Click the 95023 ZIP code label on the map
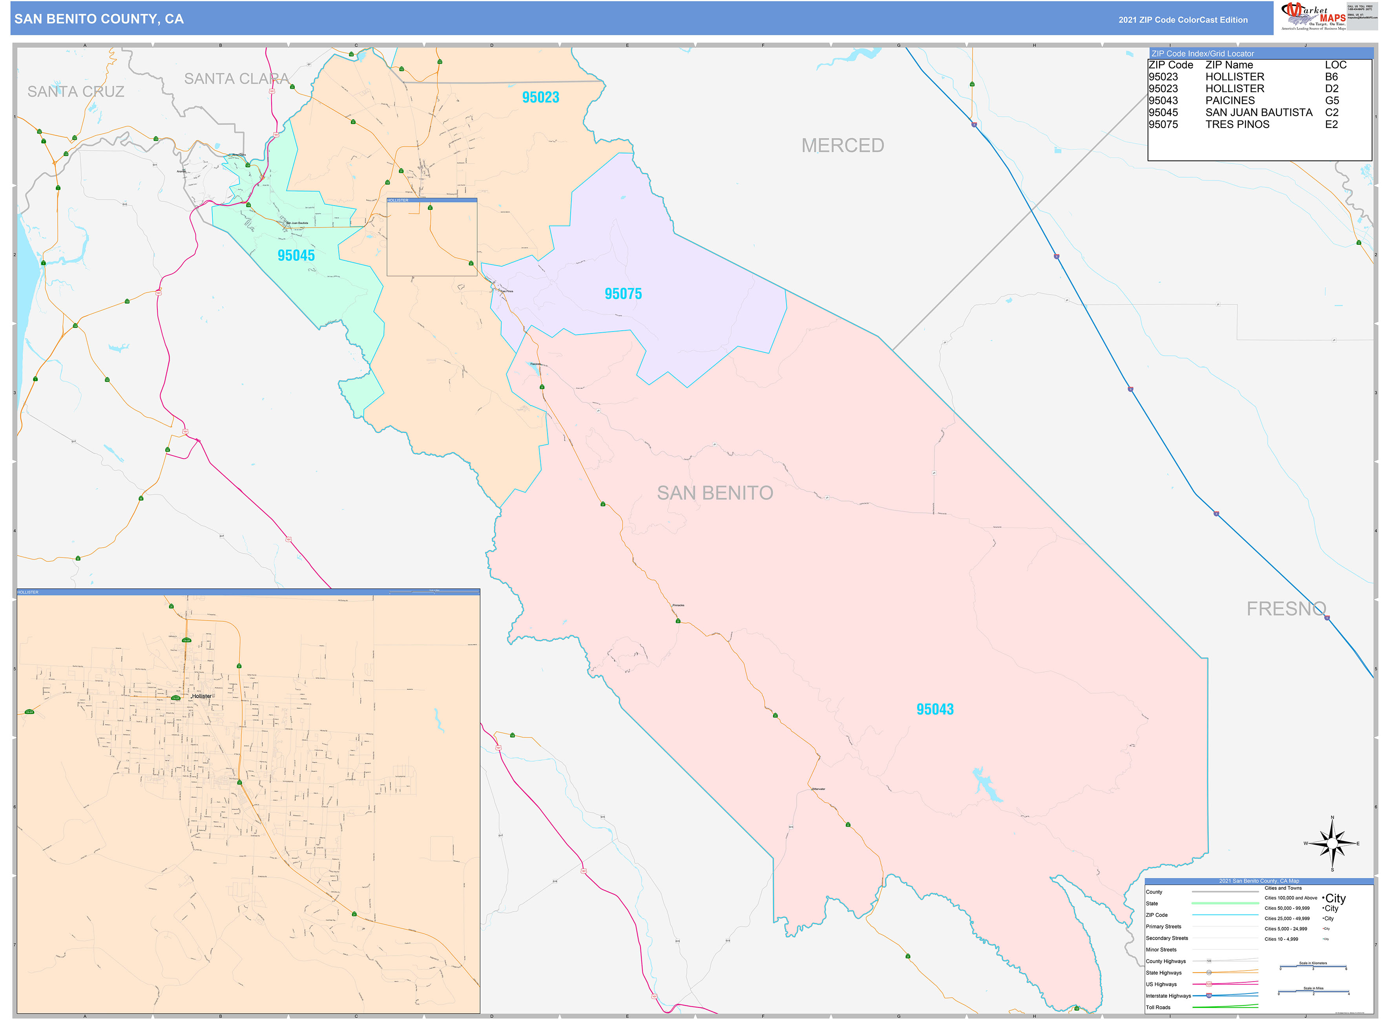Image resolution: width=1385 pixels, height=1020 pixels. [540, 98]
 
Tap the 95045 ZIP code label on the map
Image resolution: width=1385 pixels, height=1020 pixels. [296, 256]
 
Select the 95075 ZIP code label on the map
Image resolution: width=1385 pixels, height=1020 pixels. [623, 294]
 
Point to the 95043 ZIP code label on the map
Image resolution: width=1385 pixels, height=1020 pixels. [935, 709]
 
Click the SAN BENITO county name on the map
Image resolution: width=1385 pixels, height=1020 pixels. [715, 493]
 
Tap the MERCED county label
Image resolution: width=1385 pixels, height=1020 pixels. [843, 146]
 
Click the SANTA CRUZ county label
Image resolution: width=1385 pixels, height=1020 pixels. [76, 92]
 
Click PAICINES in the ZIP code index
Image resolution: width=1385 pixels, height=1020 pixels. [1230, 101]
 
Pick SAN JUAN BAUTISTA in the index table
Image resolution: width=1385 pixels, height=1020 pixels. [1258, 112]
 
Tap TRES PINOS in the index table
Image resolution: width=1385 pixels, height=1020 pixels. [1237, 124]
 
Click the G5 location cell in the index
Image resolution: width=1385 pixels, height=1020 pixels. [1332, 101]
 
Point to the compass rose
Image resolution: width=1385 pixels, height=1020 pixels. [1332, 843]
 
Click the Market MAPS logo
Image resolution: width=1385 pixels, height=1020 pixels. [1313, 16]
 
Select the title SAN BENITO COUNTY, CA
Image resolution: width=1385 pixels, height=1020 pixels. [99, 19]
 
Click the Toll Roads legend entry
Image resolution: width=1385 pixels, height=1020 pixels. [1158, 1007]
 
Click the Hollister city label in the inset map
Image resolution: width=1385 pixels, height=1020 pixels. [201, 696]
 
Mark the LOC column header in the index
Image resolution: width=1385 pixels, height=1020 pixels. [1336, 65]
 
